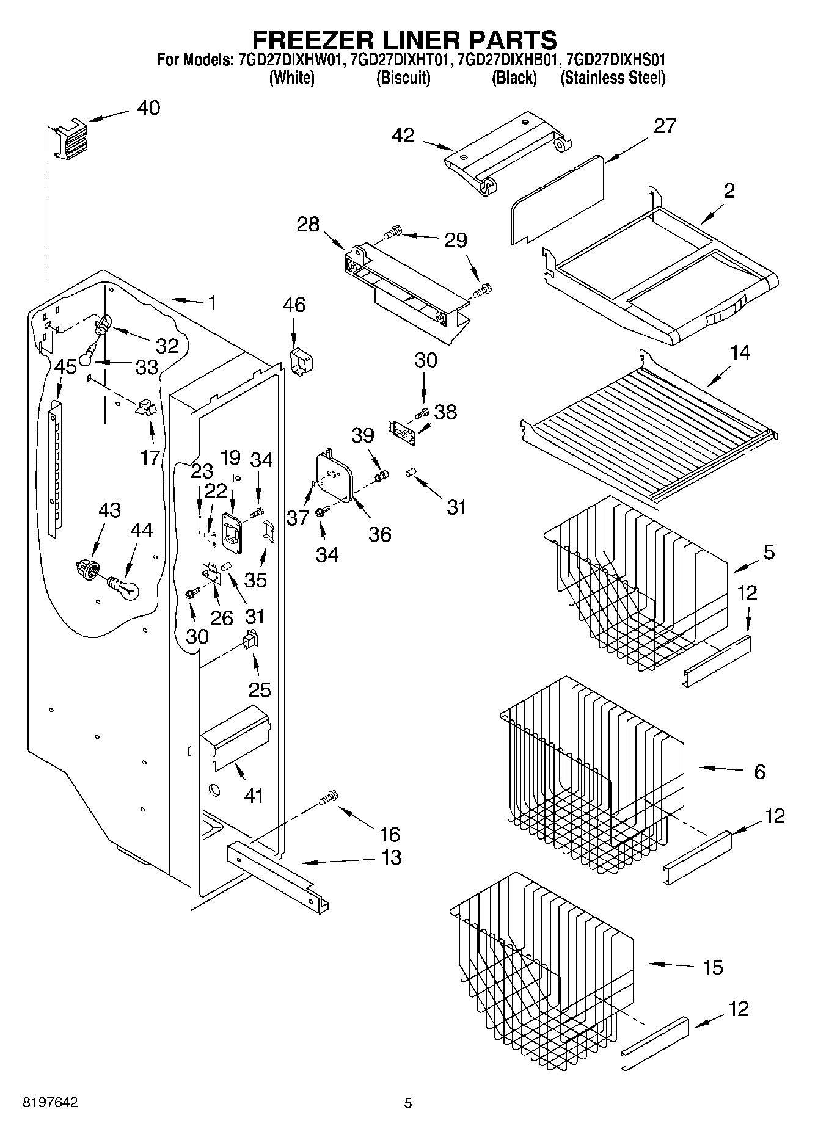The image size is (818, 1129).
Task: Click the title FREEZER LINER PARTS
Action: (404, 40)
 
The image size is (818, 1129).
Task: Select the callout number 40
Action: (148, 107)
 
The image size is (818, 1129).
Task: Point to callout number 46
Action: (294, 305)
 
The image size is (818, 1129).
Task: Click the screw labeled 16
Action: (329, 797)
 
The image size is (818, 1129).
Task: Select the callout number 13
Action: (391, 857)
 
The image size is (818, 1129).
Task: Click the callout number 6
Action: (759, 772)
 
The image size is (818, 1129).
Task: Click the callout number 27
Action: (665, 126)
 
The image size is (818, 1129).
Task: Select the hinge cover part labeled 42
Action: (507, 158)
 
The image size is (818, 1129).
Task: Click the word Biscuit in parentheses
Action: (403, 78)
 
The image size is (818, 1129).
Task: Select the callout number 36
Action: (379, 534)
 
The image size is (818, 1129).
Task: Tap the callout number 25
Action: (259, 690)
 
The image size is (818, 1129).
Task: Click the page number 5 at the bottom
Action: (408, 1103)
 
